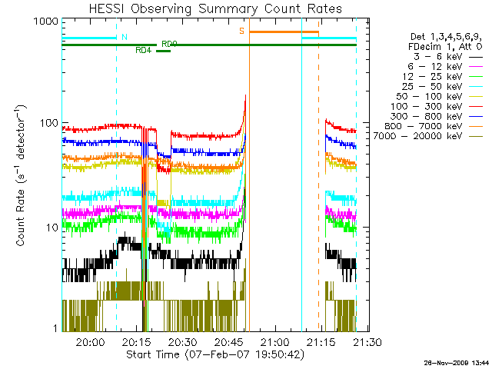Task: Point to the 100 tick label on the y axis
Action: [48, 123]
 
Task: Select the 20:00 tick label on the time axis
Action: [90, 342]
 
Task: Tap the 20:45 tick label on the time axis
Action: [228, 342]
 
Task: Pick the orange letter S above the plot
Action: [241, 31]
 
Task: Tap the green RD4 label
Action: [143, 51]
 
